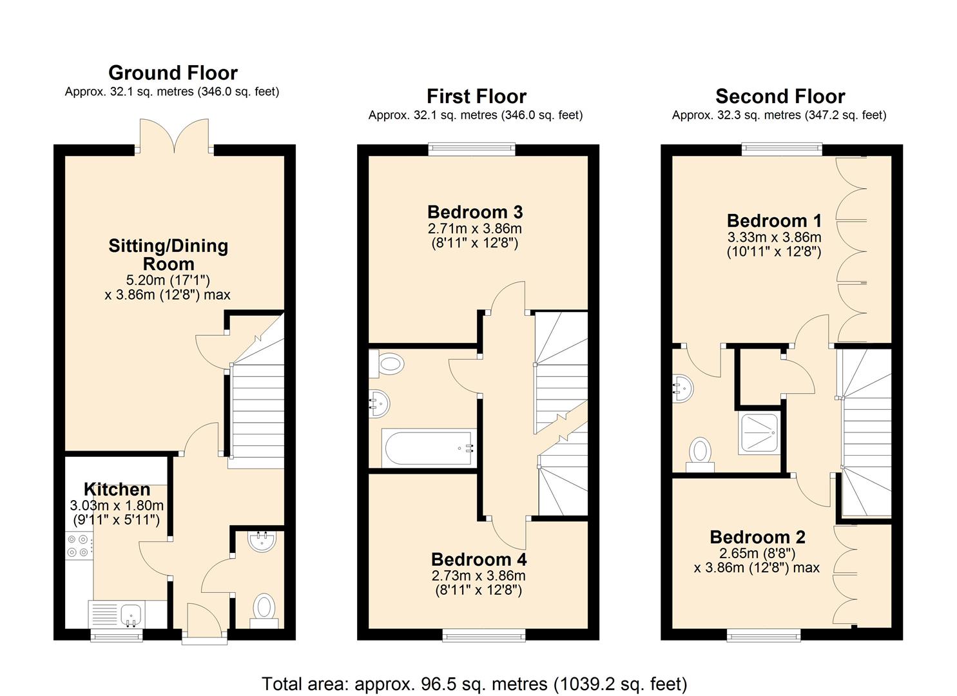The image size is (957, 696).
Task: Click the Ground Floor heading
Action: pyautogui.click(x=173, y=73)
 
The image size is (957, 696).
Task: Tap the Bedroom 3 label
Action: pyautogui.click(x=475, y=212)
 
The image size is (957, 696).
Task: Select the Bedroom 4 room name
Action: pyautogui.click(x=479, y=559)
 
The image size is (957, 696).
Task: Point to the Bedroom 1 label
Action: pyautogui.click(x=774, y=220)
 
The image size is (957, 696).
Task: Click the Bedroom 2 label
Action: pyautogui.click(x=757, y=537)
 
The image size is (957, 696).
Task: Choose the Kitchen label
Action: pyautogui.click(x=117, y=489)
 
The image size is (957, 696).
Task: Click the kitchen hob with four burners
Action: pyautogui.click(x=79, y=546)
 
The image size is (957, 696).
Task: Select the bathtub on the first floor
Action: pyautogui.click(x=429, y=448)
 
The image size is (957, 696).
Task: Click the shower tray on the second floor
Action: pyautogui.click(x=759, y=433)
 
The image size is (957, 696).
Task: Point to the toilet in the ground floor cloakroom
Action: pyautogui.click(x=264, y=611)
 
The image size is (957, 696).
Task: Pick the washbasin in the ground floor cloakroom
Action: pyautogui.click(x=262, y=541)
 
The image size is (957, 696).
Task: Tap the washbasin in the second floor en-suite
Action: pyautogui.click(x=682, y=389)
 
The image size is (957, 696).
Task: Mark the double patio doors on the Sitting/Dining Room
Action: pyautogui.click(x=174, y=136)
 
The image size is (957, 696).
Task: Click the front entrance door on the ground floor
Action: pyautogui.click(x=204, y=623)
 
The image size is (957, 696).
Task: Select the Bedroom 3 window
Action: pyautogui.click(x=472, y=149)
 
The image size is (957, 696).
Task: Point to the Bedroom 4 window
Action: pyautogui.click(x=484, y=635)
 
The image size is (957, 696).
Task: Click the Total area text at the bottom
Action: pyautogui.click(x=474, y=684)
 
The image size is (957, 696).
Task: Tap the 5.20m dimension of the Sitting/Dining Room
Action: pyautogui.click(x=144, y=280)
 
